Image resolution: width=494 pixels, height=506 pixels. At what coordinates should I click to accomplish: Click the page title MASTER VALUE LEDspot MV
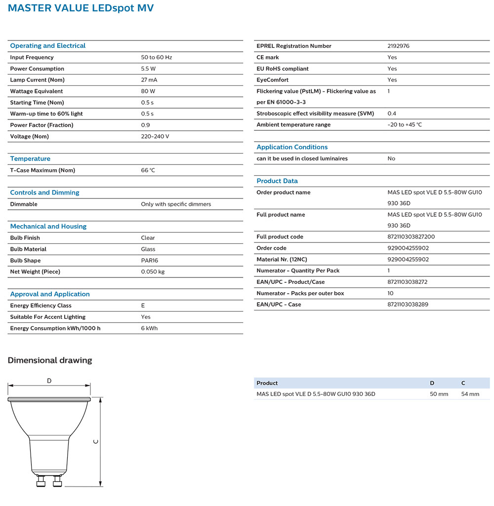pyautogui.click(x=81, y=8)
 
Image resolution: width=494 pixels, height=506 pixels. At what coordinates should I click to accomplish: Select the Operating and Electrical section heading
pyautogui.click(x=47, y=46)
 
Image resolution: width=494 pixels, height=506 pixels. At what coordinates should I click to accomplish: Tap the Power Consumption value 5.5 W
pyautogui.click(x=148, y=69)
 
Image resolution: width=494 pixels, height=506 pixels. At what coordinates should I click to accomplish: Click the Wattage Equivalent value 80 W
pyautogui.click(x=148, y=91)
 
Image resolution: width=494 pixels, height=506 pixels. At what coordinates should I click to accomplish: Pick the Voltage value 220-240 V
pyautogui.click(x=155, y=136)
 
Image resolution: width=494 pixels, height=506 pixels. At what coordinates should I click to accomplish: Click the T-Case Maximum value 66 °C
pyautogui.click(x=148, y=170)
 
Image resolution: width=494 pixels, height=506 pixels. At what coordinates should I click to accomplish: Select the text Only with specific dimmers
pyautogui.click(x=176, y=204)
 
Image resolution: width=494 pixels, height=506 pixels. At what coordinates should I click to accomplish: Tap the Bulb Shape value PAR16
pyautogui.click(x=150, y=261)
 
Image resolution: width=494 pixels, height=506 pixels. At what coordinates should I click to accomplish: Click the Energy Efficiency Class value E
pyautogui.click(x=143, y=306)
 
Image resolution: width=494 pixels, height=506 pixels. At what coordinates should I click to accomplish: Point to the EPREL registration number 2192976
pyautogui.click(x=399, y=46)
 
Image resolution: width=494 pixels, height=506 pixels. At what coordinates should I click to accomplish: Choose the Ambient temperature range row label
pyautogui.click(x=293, y=125)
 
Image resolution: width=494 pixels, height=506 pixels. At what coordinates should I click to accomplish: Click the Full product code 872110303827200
pyautogui.click(x=411, y=237)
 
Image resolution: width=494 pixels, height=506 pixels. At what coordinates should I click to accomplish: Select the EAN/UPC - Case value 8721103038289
pyautogui.click(x=408, y=305)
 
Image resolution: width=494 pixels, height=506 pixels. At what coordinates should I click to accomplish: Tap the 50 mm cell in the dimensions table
pyautogui.click(x=439, y=394)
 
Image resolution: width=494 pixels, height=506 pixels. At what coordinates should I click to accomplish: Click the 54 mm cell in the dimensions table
pyautogui.click(x=470, y=394)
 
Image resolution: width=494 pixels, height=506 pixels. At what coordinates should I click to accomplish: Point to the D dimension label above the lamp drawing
pyautogui.click(x=49, y=381)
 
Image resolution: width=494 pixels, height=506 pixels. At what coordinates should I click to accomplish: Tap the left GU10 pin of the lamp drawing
pyautogui.click(x=41, y=481)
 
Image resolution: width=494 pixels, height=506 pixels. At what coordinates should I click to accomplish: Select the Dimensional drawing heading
pyautogui.click(x=50, y=360)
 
